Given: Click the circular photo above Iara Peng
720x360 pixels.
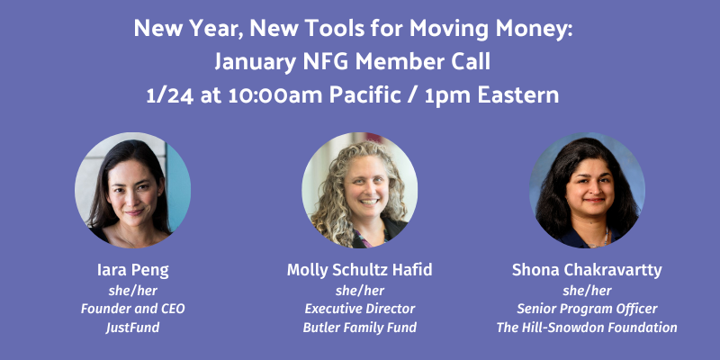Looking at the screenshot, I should point(132,191).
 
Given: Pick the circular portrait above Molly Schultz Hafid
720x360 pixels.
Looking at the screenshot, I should point(359,191).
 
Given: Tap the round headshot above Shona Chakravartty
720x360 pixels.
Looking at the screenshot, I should point(587,191).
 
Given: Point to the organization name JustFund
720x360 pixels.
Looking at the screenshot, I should point(132,328).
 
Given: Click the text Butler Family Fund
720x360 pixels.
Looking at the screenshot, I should point(359,328).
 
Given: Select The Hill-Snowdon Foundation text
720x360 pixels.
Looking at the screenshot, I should point(587,328).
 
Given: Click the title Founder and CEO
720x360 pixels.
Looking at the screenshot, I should point(132,309).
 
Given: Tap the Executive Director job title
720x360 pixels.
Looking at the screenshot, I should point(359,309).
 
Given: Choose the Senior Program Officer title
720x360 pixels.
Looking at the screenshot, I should point(587,309).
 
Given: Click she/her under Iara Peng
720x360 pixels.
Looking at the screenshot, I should point(132,290).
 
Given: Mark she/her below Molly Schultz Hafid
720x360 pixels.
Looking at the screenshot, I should point(359,290).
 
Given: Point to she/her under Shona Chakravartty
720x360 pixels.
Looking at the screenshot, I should point(587,290).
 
